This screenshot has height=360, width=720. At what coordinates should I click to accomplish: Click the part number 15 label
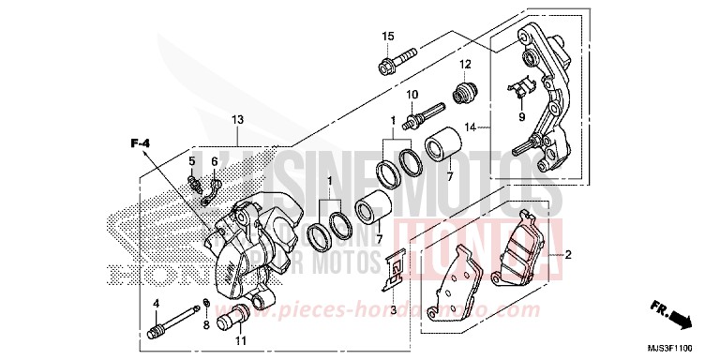386,37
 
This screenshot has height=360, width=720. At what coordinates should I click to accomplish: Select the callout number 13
237,119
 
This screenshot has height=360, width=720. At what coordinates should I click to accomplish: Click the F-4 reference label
141,142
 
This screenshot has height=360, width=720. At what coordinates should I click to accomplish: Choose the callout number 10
412,95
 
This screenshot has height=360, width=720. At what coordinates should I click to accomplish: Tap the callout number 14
472,126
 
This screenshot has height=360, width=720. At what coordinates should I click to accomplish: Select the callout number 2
566,254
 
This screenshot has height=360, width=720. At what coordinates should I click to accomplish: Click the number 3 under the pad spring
394,309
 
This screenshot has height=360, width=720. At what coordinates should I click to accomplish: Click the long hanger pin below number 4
167,331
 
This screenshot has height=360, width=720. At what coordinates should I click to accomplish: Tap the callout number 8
205,324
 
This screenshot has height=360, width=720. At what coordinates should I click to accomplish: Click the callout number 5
192,160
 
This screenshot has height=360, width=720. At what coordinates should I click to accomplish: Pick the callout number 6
214,160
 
